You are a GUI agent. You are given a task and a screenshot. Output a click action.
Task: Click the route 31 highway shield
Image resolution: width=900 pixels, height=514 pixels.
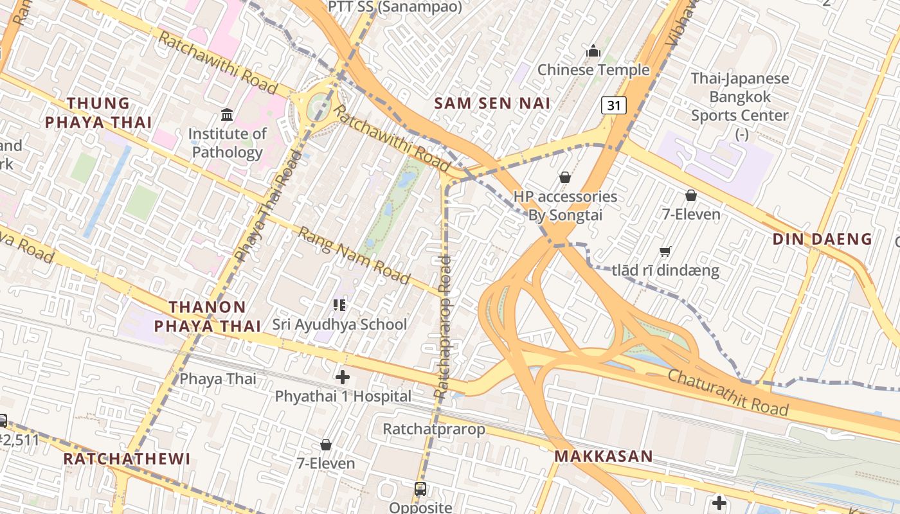(x=614, y=105)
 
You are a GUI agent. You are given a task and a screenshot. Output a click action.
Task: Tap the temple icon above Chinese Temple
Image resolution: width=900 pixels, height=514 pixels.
(x=593, y=50)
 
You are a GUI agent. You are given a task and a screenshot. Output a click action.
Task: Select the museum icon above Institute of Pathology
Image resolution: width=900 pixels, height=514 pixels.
(x=227, y=115)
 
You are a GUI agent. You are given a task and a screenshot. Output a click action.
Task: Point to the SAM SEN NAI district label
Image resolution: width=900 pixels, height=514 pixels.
(x=492, y=103)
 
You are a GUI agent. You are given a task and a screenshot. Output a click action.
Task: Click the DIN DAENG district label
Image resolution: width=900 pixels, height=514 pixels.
(x=822, y=239)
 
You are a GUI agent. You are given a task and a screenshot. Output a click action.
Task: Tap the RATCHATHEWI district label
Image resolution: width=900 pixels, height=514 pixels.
(x=127, y=459)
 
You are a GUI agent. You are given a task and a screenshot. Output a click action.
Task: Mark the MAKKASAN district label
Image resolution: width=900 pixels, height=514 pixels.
(x=604, y=456)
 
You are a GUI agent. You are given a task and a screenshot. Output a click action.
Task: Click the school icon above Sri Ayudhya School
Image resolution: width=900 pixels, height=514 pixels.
(x=339, y=305)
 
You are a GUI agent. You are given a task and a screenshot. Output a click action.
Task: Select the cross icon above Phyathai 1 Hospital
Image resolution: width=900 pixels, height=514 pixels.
(x=343, y=377)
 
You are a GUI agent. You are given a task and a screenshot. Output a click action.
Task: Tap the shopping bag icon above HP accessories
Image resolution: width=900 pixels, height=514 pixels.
(x=565, y=177)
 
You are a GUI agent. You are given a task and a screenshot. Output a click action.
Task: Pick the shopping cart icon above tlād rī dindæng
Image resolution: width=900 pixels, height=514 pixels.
(x=665, y=251)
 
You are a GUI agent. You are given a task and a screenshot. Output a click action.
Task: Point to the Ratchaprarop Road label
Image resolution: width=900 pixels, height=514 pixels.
(x=442, y=326)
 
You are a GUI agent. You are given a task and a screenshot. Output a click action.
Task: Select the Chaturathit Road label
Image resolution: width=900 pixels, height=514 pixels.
(x=728, y=392)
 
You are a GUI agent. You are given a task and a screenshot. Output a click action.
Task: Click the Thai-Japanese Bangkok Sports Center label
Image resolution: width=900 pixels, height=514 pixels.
(x=739, y=106)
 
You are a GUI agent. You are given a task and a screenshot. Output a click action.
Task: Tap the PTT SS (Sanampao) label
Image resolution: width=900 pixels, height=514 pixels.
(x=395, y=7)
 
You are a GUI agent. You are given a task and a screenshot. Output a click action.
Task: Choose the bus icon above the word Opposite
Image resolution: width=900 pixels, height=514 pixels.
(x=420, y=489)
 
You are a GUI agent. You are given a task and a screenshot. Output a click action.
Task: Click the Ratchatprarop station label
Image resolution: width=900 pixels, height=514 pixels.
(x=434, y=429)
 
